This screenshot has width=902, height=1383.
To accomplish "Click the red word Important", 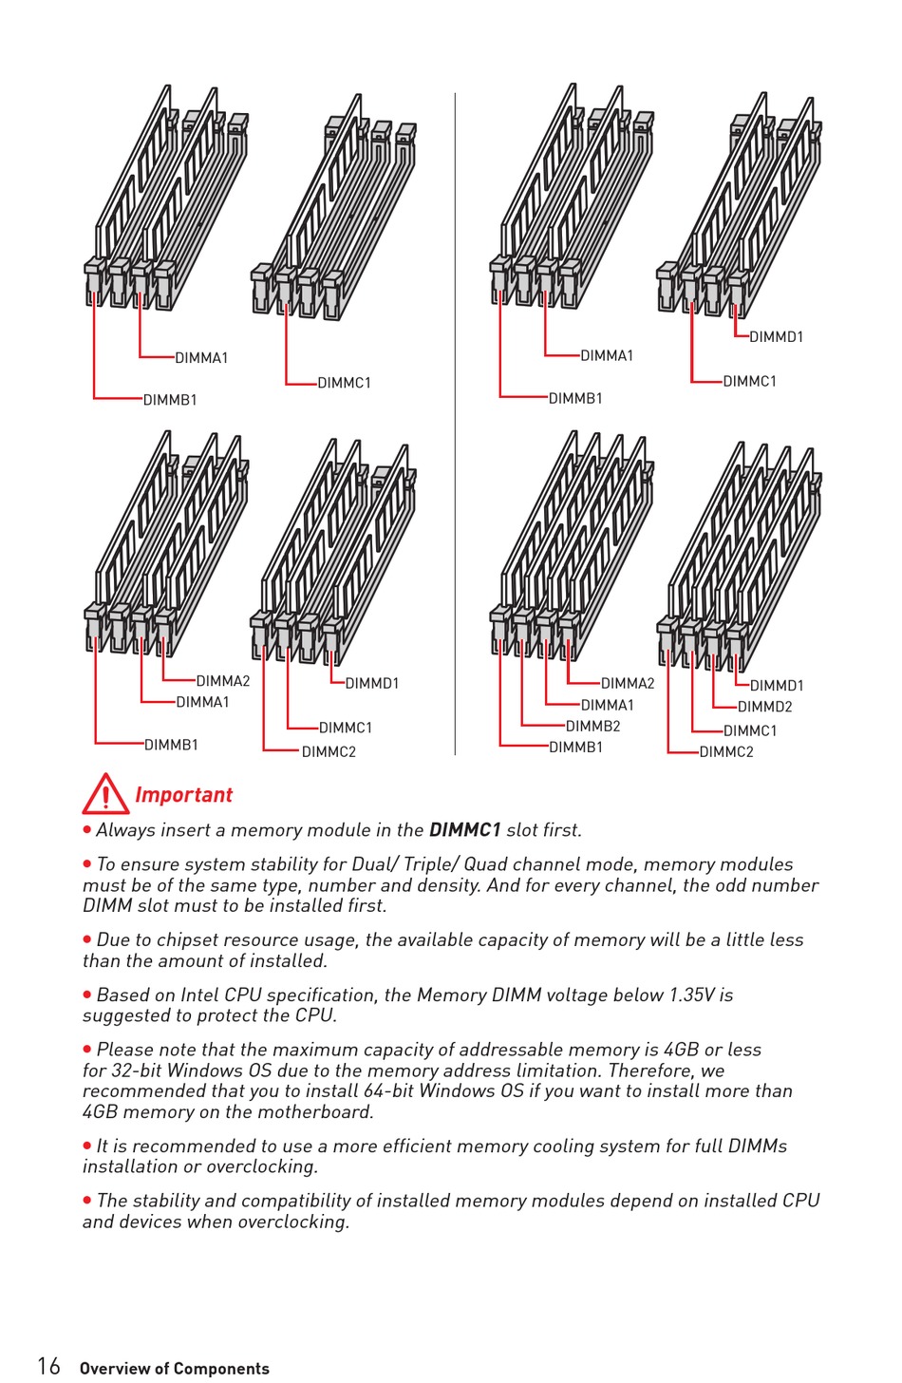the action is pos(183,795).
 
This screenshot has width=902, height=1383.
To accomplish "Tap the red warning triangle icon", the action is pos(105,795).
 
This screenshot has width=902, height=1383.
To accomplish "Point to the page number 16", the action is pos(48,1366).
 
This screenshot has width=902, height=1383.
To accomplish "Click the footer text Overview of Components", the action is pos(175,1368).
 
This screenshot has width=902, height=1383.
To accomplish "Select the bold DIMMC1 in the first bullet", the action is pos(464,830).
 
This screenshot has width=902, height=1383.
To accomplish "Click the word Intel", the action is pos(199,995).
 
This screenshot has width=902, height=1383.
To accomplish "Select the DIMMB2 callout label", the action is pos(592,726).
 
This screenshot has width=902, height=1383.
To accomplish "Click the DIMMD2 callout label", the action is pos(764,707).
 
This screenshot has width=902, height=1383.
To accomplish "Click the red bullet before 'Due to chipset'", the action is pos(87,939).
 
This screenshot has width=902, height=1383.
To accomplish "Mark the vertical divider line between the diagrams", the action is pos(456,424).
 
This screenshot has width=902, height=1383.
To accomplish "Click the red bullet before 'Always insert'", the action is pos(87,829).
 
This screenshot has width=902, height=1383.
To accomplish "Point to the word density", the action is pos(443,885).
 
